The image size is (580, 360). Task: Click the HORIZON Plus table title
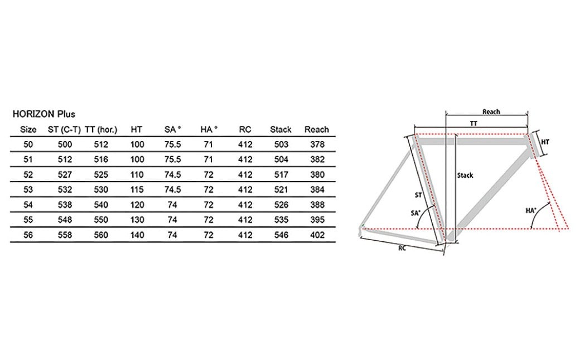coord(43,114)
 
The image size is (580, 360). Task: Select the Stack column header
coord(281,129)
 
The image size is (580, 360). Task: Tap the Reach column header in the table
coord(317,129)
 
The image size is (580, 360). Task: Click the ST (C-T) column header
coord(64,129)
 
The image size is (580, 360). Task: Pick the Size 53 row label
coord(28,189)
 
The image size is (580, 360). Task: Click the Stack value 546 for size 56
coord(281,235)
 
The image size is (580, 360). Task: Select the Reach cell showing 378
coord(317,144)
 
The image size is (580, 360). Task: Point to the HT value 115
coord(137,189)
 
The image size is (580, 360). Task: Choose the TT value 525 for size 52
coord(101,174)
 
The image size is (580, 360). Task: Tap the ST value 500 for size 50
coord(65,144)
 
